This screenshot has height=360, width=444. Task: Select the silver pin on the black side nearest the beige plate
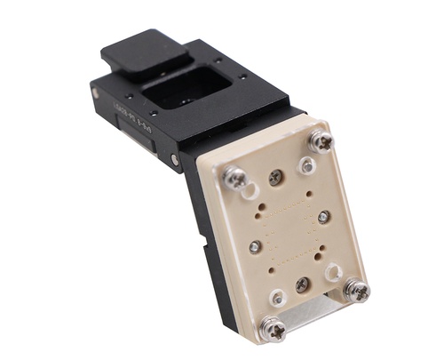(x=174, y=161)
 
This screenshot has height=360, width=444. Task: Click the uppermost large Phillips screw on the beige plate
(x=321, y=140)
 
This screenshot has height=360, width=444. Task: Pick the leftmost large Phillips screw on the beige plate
(x=235, y=178)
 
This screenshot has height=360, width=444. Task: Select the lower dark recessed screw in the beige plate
(x=302, y=284)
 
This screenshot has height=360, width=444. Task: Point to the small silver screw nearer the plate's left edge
(x=256, y=246)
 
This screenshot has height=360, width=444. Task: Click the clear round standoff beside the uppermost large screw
(x=307, y=165)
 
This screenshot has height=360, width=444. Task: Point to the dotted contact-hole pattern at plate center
(x=289, y=229)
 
